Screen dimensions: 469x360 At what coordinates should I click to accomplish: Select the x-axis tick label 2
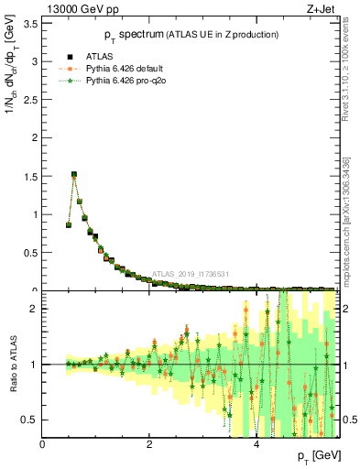pyautogui.click(x=149, y=444)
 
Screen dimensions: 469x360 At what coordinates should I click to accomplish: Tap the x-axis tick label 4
pyautogui.click(x=256, y=444)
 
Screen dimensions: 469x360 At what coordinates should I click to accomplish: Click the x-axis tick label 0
pyautogui.click(x=42, y=444)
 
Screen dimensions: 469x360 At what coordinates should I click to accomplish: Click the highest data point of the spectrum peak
pyautogui.click(x=74, y=174)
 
